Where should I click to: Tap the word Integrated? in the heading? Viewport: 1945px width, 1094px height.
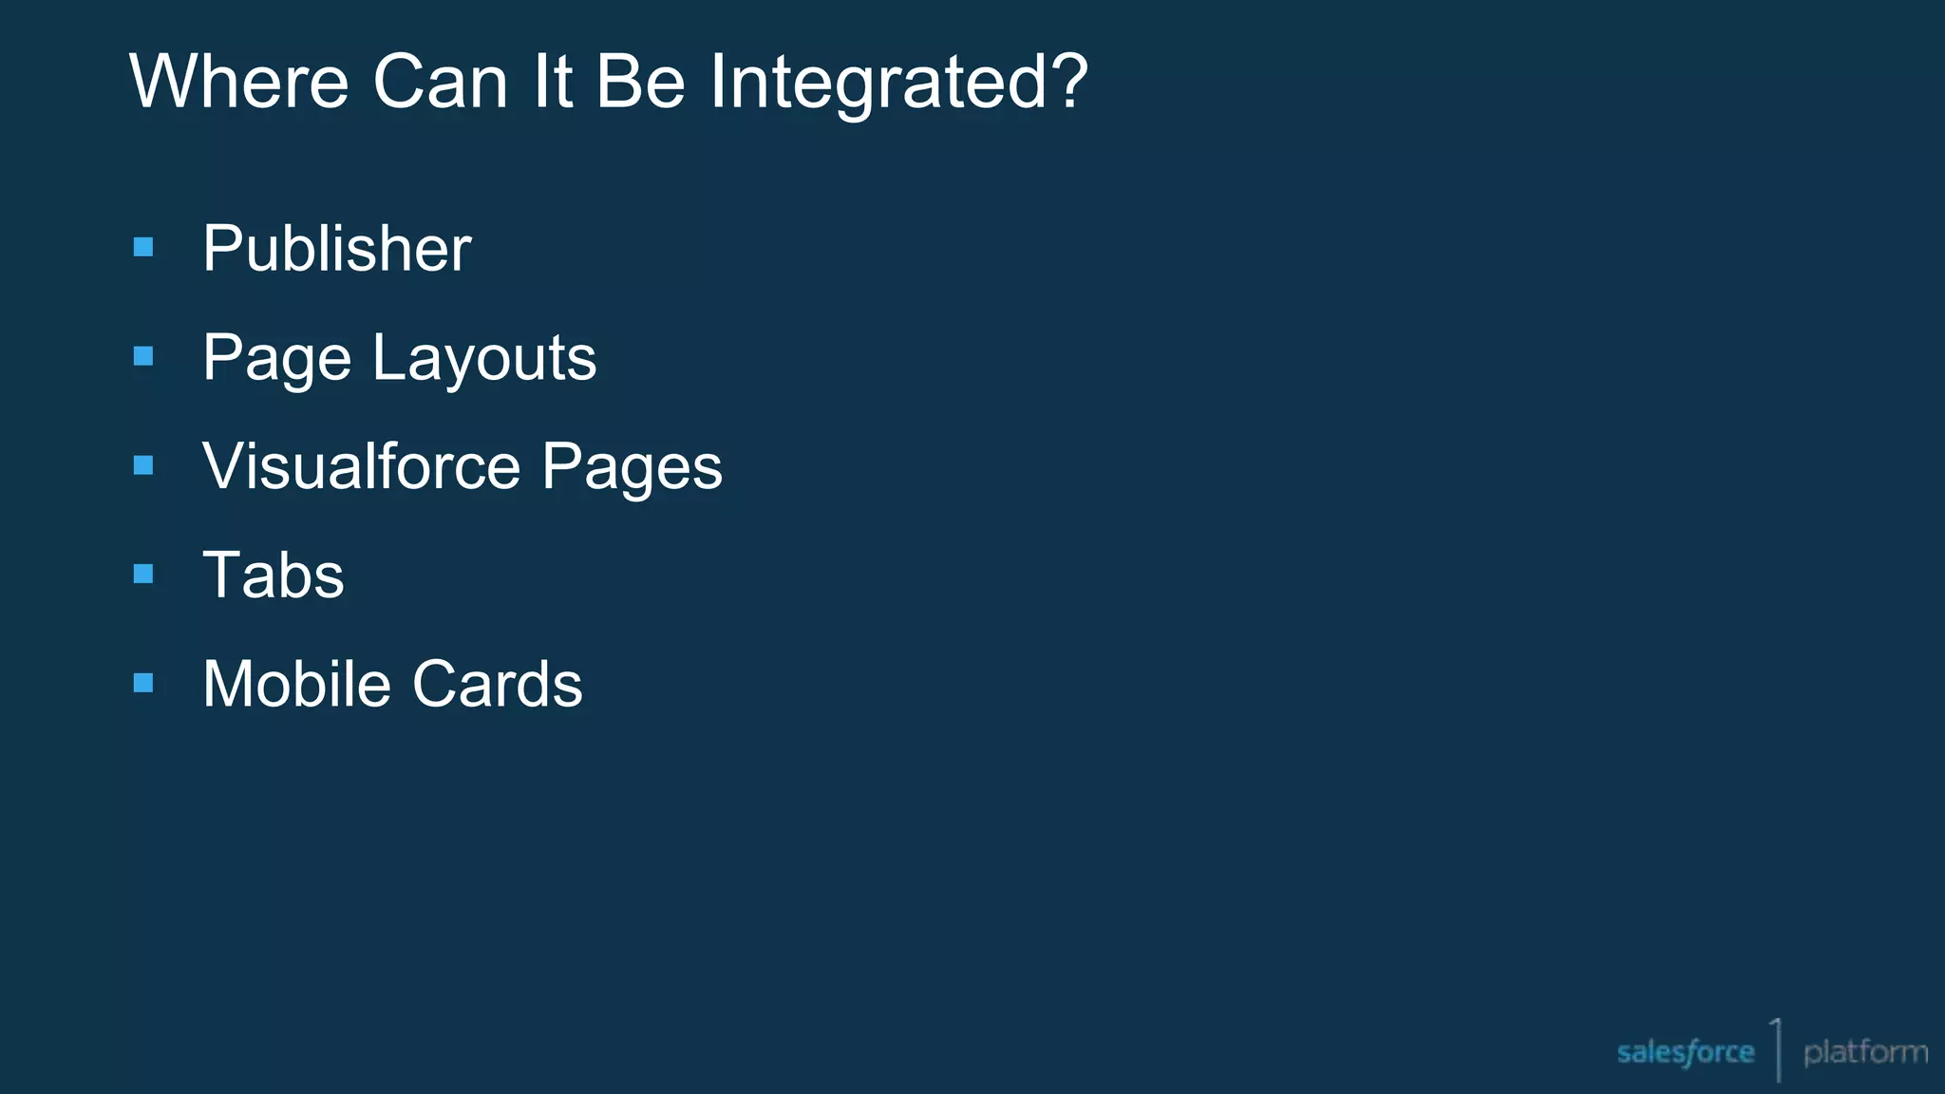897,82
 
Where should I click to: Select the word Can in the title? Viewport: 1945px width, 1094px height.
440,82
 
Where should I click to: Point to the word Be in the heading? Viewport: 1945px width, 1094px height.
640,82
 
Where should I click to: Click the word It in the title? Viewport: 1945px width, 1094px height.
552,82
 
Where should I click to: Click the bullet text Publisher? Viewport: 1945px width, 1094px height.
336,249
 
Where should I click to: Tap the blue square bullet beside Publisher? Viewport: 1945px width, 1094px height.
143,248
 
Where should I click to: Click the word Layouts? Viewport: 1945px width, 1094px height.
484,359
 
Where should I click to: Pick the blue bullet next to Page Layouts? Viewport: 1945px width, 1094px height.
143,356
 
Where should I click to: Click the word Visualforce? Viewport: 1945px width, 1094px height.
361,466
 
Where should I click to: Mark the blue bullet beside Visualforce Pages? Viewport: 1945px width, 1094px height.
143,465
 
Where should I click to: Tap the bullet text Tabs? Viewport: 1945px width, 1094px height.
274,575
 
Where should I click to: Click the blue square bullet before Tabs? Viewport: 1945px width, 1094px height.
143,574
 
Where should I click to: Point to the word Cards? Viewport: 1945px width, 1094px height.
497,684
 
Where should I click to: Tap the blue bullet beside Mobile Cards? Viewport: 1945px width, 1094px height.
143,683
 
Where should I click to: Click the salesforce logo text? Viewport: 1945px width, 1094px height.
1685,1052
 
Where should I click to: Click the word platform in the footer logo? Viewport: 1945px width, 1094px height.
1865,1052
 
